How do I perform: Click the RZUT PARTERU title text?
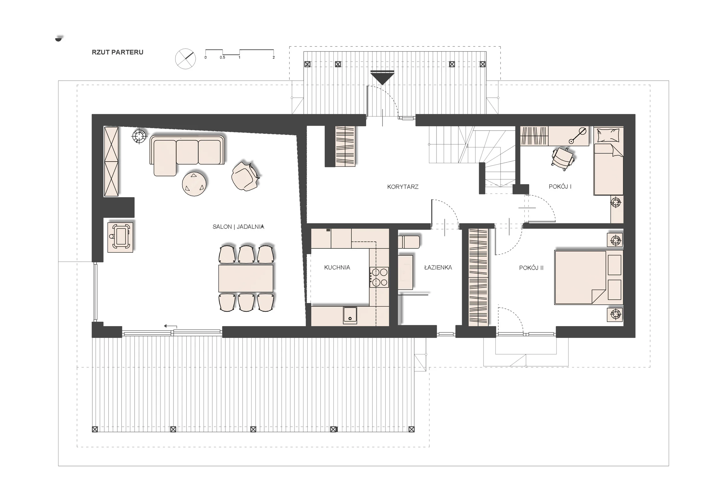pyautogui.click(x=117, y=52)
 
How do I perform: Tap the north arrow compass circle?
pyautogui.click(x=186, y=58)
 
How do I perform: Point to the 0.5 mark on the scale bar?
pyautogui.click(x=222, y=58)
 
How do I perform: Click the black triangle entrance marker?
pyautogui.click(x=382, y=77)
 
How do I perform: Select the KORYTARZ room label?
pyautogui.click(x=403, y=187)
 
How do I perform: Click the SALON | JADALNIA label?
pyautogui.click(x=238, y=226)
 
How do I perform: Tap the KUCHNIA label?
pyautogui.click(x=337, y=267)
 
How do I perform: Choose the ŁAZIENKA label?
pyautogui.click(x=438, y=267)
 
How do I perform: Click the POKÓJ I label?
pyautogui.click(x=560, y=187)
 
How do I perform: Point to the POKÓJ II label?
pyautogui.click(x=531, y=268)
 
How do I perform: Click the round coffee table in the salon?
pyautogui.click(x=195, y=184)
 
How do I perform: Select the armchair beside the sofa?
pyautogui.click(x=245, y=176)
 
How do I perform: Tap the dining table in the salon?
pyautogui.click(x=246, y=279)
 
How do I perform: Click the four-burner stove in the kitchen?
pyautogui.click(x=379, y=277)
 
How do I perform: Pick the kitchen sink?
pyautogui.click(x=350, y=315)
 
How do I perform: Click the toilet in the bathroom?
pyautogui.click(x=409, y=242)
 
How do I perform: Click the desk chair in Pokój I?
pyautogui.click(x=563, y=159)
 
